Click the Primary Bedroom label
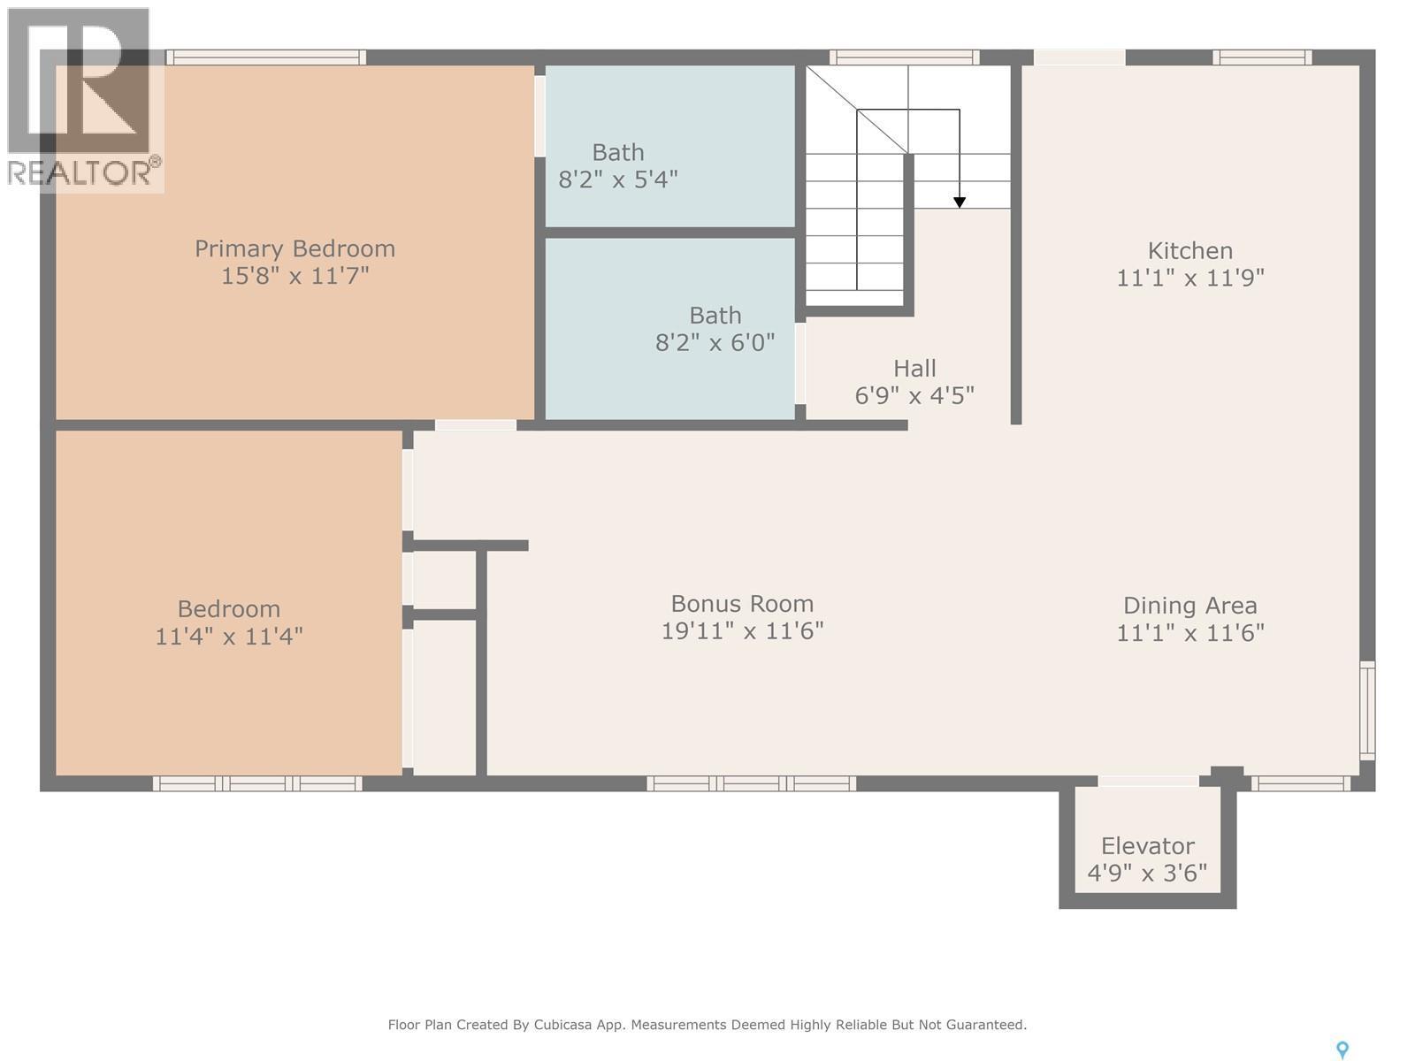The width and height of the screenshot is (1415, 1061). tap(294, 248)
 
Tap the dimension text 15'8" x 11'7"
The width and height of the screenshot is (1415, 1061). tap(294, 276)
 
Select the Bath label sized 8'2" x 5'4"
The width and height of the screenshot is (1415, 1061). tap(617, 152)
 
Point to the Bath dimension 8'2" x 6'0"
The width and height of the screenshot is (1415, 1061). tap(715, 342)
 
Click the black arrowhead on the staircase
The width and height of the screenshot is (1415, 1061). tap(960, 202)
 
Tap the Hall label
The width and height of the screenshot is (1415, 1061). tap(914, 368)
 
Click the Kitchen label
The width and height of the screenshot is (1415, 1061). tap(1189, 250)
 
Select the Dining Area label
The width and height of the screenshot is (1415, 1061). tap(1189, 606)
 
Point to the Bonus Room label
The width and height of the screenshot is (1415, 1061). tap(742, 604)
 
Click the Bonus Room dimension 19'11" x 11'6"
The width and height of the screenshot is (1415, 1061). tap(742, 631)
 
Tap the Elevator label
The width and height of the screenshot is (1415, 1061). tap(1147, 846)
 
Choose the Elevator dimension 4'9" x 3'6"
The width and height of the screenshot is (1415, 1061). tap(1147, 874)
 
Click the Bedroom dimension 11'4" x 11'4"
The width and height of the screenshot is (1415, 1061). tap(229, 637)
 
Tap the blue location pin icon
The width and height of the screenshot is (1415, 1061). tap(1342, 1050)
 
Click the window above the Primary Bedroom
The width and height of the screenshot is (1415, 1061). tap(266, 57)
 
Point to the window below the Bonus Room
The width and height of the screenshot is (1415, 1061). tap(751, 783)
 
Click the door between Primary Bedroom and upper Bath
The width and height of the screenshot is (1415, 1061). tap(539, 116)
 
